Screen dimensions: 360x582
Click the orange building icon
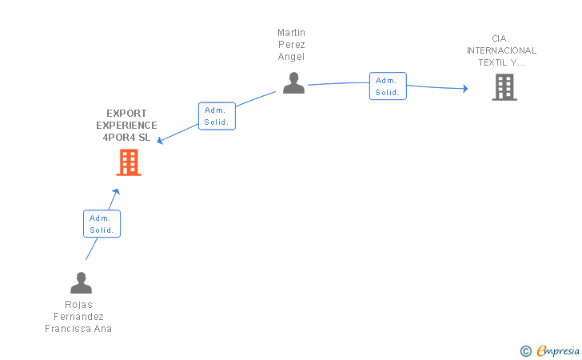coord(129,162)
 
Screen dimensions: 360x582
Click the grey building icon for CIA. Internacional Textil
coord(504,87)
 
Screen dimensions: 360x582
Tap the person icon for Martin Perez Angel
coord(293,82)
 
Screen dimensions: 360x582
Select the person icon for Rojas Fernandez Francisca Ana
coord(81,283)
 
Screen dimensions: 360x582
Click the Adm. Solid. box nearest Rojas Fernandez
coord(102,224)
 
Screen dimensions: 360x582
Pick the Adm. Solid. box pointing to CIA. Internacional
coord(388,86)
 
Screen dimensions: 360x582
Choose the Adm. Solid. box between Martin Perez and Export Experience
coord(217,116)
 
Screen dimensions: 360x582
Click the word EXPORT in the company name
coord(126,114)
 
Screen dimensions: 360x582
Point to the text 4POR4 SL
coord(126,137)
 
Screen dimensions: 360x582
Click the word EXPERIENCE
coord(126,126)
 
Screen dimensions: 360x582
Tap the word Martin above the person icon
coord(291,33)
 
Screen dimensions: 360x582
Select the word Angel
coord(291,57)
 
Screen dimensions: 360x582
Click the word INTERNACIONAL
coord(502,50)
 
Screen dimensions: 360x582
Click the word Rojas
coord(78,305)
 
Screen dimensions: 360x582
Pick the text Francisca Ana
coord(78,329)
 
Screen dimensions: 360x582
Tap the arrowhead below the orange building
coord(116,191)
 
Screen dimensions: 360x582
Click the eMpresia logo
coord(557,350)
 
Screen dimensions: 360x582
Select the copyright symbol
coord(525,350)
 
